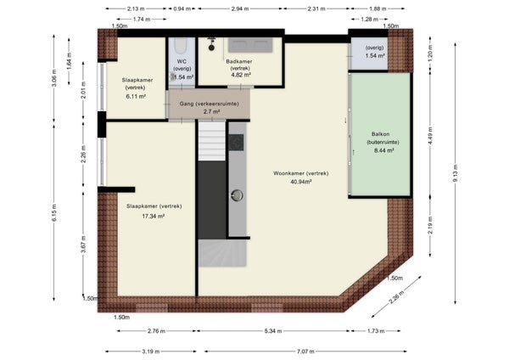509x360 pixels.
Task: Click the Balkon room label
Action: (380, 134)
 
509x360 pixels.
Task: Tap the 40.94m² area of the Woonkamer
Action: (301, 182)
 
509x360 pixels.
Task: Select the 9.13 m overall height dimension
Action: (455, 173)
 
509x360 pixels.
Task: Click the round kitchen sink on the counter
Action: (237, 195)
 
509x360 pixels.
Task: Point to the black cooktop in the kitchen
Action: (236, 143)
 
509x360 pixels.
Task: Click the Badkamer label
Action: (239, 61)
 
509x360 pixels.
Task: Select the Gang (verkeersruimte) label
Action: (209, 104)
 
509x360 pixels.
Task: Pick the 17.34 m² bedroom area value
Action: (153, 216)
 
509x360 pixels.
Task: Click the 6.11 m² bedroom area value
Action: (136, 96)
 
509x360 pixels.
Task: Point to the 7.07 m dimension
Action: (305, 352)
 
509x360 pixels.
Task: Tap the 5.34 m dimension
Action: (272, 331)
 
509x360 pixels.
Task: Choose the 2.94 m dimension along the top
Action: (240, 8)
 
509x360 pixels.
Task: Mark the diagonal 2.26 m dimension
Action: (396, 297)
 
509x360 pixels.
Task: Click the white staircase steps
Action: (211, 141)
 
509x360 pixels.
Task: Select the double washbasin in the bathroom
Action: (250, 45)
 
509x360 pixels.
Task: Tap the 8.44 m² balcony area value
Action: (384, 150)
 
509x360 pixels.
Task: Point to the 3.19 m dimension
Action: (151, 352)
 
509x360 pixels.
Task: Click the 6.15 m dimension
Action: (54, 213)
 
